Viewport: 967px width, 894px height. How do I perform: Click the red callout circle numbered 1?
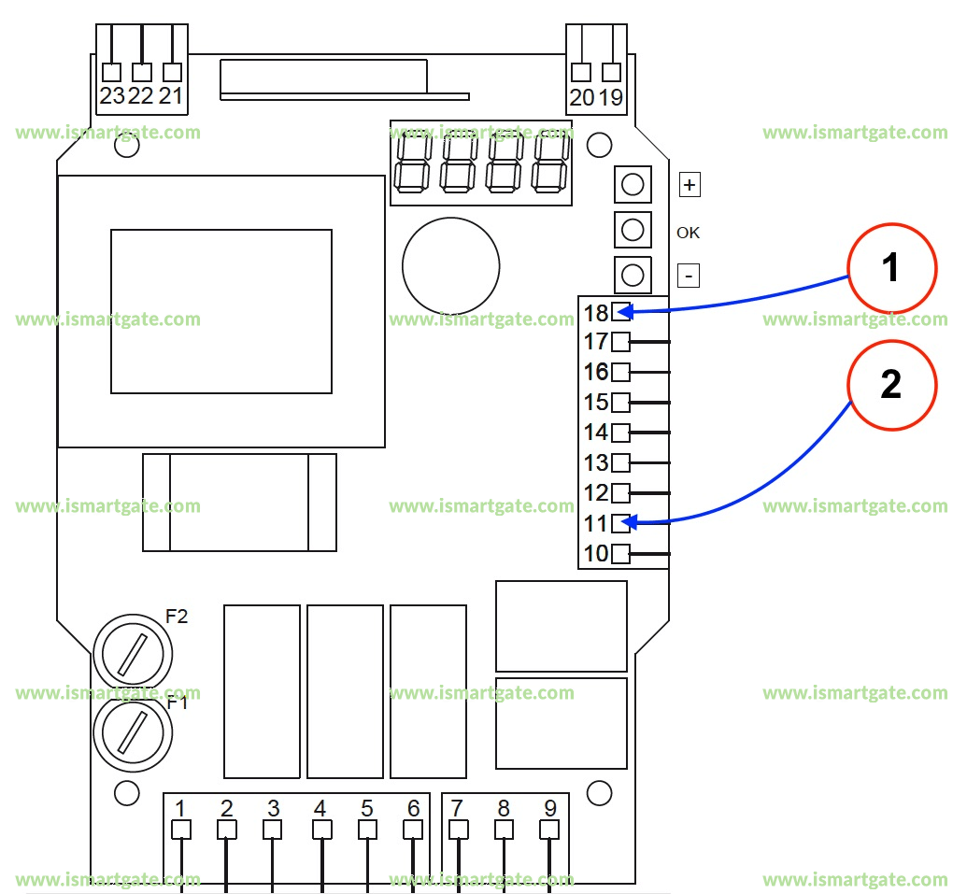[891, 268]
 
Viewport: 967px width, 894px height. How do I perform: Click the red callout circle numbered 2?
[891, 385]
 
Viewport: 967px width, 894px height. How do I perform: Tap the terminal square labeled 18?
[620, 312]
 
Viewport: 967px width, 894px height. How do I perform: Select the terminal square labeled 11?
[620, 523]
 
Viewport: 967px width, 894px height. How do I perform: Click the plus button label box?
[690, 185]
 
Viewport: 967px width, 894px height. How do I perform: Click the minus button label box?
[689, 277]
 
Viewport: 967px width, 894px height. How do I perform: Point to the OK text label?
[688, 233]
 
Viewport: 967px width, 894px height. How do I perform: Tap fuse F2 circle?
[134, 651]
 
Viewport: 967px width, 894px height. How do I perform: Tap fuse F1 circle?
[134, 731]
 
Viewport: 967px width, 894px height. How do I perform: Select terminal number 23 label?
[111, 96]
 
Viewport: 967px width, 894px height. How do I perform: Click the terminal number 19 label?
[611, 97]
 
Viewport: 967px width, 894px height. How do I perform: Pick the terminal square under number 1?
[181, 830]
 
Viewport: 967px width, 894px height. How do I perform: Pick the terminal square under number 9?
[549, 830]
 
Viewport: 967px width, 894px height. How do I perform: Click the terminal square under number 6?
[413, 830]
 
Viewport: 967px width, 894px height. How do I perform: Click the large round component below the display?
[450, 266]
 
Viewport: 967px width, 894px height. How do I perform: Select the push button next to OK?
[632, 230]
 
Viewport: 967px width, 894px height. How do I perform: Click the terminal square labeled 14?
[620, 433]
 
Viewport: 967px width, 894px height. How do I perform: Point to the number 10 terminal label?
[596, 554]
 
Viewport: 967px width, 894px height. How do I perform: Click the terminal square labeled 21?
[172, 72]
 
